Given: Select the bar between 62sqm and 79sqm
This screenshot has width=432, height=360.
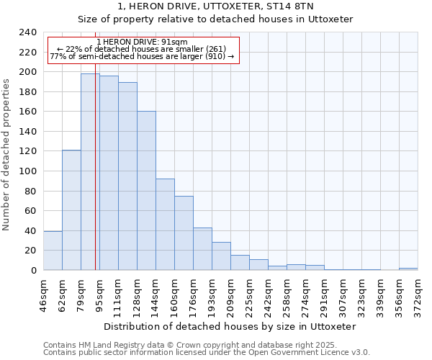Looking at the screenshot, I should coord(71,210).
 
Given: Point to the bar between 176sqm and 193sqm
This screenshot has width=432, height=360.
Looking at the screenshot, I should coord(202,248).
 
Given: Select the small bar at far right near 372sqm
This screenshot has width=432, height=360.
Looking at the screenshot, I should coord(408,269).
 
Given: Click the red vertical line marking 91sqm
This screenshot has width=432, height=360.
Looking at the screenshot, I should coord(95,180).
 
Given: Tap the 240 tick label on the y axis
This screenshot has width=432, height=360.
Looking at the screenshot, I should coord(28,32).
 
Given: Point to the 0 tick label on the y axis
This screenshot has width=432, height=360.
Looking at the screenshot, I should coord(34,271).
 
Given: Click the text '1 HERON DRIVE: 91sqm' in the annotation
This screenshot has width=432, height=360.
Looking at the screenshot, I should coord(141,42).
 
